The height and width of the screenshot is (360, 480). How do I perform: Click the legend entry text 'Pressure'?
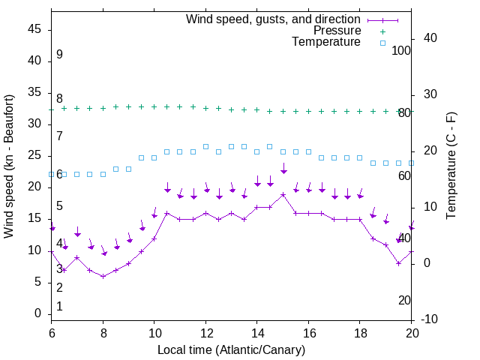click(337, 31)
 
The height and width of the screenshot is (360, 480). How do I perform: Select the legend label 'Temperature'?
click(326, 42)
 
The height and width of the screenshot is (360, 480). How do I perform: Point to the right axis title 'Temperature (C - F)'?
click(451, 166)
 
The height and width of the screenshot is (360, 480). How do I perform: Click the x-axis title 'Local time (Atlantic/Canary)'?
click(232, 349)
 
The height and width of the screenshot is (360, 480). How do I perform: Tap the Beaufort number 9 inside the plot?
click(59, 55)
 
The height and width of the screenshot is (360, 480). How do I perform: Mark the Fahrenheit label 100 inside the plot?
click(401, 50)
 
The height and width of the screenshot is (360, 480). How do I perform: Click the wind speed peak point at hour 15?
click(283, 194)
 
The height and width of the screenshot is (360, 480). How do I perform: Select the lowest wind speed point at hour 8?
click(103, 276)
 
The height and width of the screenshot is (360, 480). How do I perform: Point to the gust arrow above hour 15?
click(283, 169)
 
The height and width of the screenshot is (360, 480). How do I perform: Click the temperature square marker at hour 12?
click(205, 146)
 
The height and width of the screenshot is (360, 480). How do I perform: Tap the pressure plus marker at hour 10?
click(154, 106)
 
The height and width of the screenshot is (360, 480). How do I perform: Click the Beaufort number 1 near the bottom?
click(59, 307)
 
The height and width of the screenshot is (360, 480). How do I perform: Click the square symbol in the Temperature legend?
click(382, 43)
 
